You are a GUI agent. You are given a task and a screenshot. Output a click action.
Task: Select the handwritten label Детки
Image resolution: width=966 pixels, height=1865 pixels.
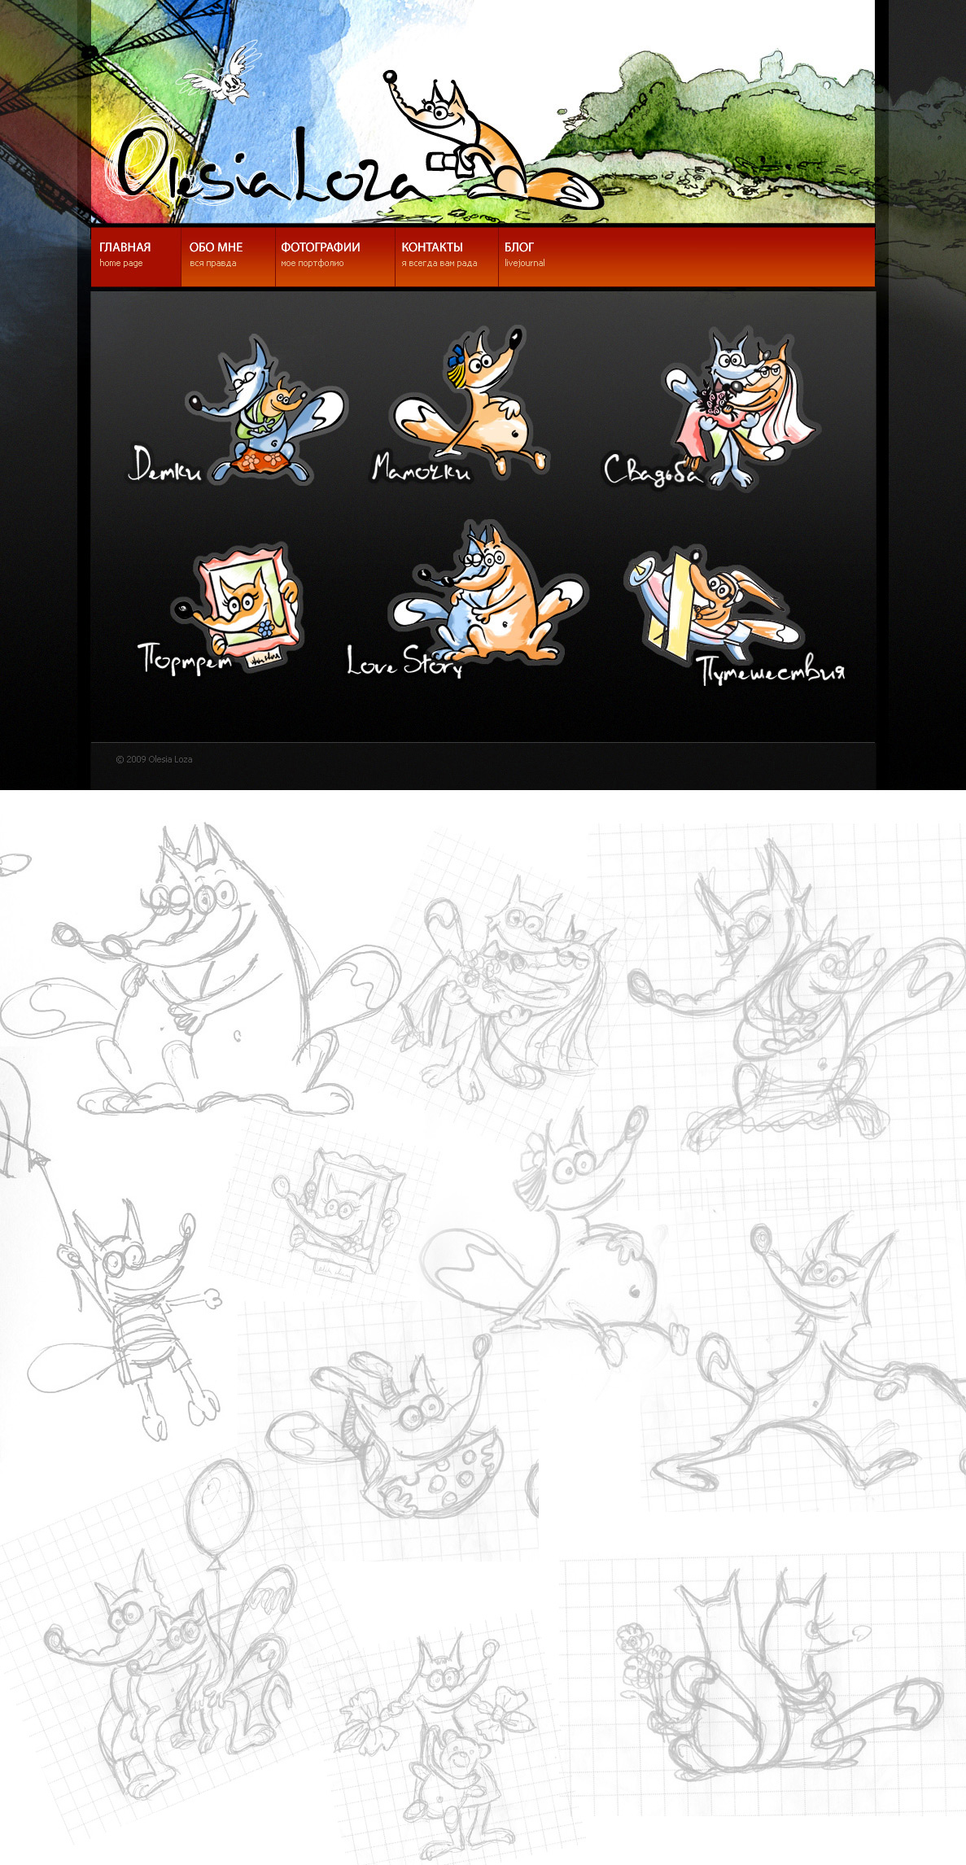pyautogui.click(x=164, y=465)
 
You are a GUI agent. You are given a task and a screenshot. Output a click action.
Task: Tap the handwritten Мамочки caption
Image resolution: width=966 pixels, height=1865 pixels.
pyautogui.click(x=422, y=468)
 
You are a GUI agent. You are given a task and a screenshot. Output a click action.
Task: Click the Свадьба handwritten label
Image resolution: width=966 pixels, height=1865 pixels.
pyautogui.click(x=652, y=470)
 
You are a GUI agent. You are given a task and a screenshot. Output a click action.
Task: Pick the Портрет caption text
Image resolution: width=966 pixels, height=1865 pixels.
pyautogui.click(x=185, y=657)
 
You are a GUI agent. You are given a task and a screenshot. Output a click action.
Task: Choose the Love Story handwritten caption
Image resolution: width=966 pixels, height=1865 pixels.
pyautogui.click(x=404, y=662)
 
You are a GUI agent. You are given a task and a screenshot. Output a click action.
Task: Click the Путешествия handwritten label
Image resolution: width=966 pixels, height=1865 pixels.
pyautogui.click(x=771, y=670)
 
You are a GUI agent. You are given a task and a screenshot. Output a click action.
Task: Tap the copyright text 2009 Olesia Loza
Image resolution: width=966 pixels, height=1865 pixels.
pyautogui.click(x=155, y=759)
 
